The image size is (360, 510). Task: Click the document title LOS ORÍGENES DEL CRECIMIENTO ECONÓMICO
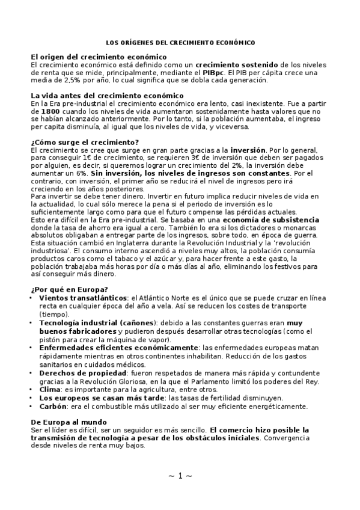(x=180, y=43)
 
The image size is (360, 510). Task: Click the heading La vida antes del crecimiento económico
(x=99, y=96)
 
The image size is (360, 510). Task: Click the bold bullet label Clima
(x=50, y=390)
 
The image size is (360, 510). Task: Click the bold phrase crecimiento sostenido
(x=236, y=64)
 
